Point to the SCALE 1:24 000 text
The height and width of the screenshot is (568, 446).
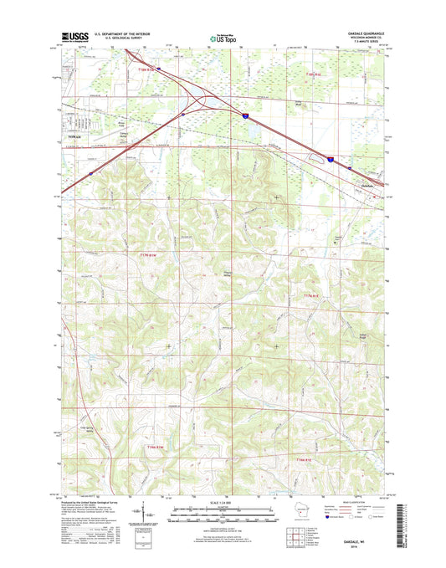(x=223, y=501)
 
